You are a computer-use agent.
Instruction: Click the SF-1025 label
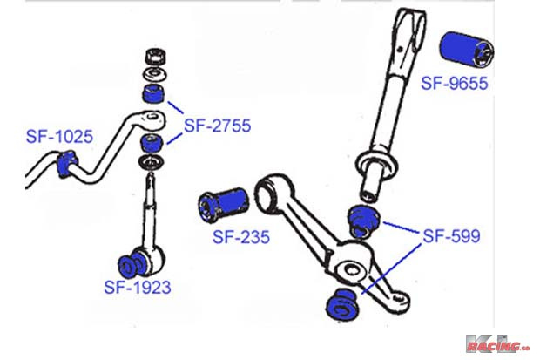pos(58,136)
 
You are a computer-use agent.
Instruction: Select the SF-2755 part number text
pos(217,126)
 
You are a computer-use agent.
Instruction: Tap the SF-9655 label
pos(455,85)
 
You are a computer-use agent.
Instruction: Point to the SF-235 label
pos(240,236)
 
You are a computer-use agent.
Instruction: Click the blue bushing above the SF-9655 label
pos(466,51)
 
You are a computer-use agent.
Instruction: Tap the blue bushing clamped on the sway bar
pos(65,163)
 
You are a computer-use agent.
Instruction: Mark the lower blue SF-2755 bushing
pos(152,142)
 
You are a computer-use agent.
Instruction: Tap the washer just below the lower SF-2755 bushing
pos(152,164)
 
